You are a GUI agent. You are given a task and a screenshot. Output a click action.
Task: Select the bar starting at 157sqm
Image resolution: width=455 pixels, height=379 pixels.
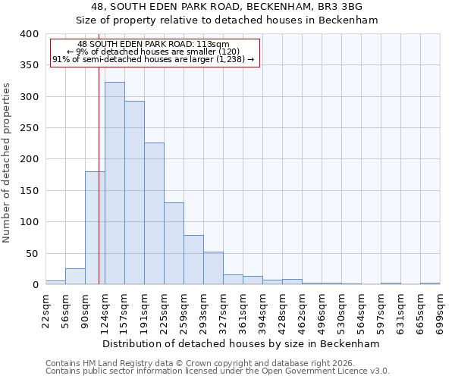coord(134,193)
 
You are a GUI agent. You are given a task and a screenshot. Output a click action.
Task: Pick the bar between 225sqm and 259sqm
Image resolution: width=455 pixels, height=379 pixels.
coord(174,243)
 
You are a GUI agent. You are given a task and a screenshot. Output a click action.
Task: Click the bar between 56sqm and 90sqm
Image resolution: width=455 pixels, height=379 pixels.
coord(75,277)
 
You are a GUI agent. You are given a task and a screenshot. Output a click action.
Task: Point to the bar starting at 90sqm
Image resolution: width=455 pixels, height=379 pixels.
coord(95,228)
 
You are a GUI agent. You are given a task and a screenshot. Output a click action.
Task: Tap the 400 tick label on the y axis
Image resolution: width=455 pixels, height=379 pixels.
coord(28,34)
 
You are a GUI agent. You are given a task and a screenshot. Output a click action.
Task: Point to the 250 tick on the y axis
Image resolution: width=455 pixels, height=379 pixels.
coord(28,128)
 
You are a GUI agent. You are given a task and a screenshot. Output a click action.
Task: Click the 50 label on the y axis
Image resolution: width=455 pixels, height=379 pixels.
coord(31,253)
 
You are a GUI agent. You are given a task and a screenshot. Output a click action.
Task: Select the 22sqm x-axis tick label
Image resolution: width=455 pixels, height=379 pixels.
coord(45,310)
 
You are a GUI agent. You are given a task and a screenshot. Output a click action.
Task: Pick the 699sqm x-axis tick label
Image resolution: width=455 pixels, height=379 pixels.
coord(440,312)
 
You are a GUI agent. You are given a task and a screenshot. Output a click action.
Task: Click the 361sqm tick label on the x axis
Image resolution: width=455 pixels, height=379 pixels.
coord(243,312)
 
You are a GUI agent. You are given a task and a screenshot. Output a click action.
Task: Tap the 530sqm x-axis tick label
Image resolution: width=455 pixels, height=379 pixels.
coord(341,312)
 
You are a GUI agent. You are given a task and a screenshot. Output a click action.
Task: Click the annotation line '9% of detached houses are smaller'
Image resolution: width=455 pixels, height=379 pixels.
coord(155,52)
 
